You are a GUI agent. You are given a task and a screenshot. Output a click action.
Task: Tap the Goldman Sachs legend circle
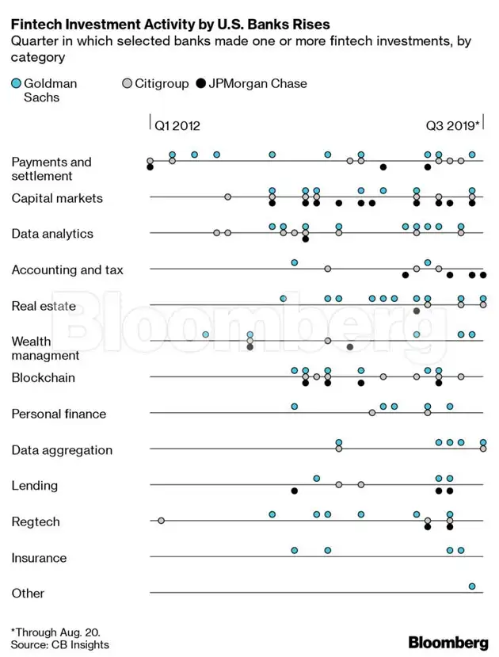(16, 83)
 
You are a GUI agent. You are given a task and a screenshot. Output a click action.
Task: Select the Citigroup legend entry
(158, 83)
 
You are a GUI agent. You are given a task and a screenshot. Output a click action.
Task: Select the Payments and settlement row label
(51, 169)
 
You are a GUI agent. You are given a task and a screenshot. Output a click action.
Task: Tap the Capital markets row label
(57, 198)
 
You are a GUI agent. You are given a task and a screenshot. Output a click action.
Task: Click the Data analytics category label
(52, 234)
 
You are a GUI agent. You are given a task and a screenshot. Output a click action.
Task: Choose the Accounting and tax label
(67, 270)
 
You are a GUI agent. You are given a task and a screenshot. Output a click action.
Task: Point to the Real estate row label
(44, 306)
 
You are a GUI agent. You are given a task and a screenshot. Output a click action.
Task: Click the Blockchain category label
(44, 378)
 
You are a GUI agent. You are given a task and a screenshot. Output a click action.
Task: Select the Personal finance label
(59, 414)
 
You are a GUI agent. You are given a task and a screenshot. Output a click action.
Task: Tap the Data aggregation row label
(62, 450)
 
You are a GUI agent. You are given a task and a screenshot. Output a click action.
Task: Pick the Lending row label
(34, 486)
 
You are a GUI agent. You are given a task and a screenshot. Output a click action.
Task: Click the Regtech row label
(36, 522)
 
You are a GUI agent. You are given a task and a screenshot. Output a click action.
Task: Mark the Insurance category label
(39, 558)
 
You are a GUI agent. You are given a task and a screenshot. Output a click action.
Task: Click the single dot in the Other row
(472, 586)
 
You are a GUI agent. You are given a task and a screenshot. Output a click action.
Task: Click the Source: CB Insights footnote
(60, 645)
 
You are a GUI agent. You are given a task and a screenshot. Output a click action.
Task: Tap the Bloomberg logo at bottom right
(448, 642)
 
